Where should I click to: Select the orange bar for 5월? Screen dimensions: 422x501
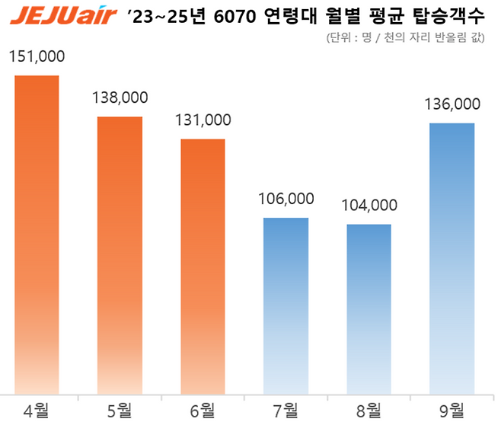tap(120, 255)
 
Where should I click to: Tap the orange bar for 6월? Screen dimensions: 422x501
tap(203, 267)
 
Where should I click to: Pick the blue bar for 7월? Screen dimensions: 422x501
tap(286, 305)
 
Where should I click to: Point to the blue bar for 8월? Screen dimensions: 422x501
tap(369, 309)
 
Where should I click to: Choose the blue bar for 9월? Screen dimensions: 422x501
tap(452, 258)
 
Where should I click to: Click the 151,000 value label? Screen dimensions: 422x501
tap(37, 57)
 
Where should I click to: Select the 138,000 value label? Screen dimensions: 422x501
tap(120, 98)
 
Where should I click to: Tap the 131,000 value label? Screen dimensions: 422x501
tap(203, 120)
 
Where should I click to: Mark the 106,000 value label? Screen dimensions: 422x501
tap(286, 199)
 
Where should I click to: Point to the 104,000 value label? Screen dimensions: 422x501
tap(369, 206)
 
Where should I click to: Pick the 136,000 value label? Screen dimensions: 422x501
tap(452, 104)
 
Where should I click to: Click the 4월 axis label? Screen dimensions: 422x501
tap(37, 411)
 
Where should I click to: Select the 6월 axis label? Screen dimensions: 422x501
tap(203, 411)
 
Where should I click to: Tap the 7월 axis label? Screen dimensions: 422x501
tap(286, 411)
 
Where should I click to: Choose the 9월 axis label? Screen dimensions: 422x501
tap(452, 411)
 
